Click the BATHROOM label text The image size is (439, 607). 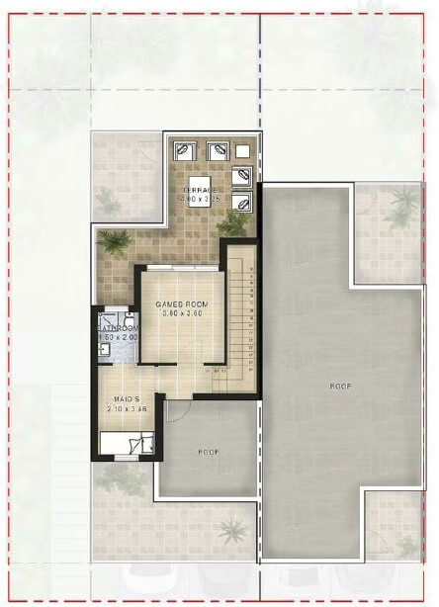click(116, 328)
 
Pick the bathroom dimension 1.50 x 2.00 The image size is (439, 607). click(116, 338)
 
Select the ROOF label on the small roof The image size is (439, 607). click(207, 451)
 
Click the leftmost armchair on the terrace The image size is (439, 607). click(184, 151)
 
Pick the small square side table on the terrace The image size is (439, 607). click(243, 150)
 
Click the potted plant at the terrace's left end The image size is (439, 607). click(116, 241)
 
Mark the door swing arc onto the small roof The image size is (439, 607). click(179, 413)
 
